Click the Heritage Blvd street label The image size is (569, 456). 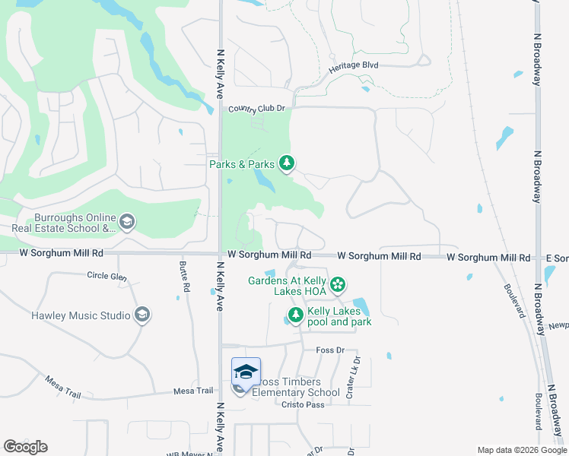[x=354, y=66]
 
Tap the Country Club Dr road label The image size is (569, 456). [x=256, y=109]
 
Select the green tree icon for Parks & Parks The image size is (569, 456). [x=287, y=163]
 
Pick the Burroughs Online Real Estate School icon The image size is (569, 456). [x=127, y=222]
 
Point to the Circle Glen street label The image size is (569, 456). [x=107, y=275]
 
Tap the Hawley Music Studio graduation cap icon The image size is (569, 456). [x=141, y=315]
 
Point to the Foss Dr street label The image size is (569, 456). [x=330, y=350]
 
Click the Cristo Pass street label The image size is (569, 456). [x=303, y=405]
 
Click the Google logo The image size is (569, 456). [x=25, y=446]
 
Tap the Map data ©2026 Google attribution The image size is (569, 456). [x=521, y=450]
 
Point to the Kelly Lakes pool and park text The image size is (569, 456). [x=339, y=317]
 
